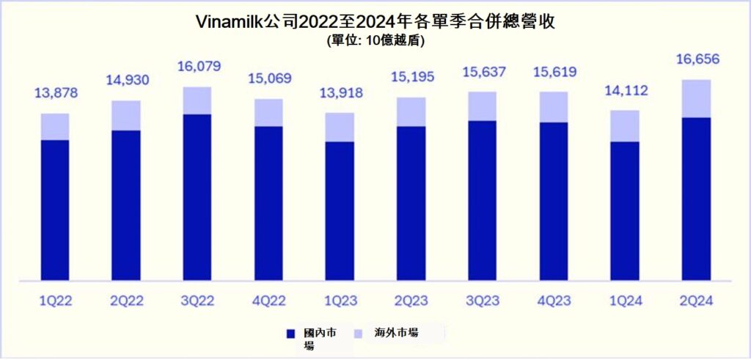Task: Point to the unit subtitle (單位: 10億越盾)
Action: click(375, 41)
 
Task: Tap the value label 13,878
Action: click(55, 93)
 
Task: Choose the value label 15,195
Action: click(411, 77)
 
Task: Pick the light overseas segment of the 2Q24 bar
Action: click(696, 98)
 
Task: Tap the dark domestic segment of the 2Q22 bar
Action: click(126, 205)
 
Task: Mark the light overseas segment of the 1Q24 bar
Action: click(625, 125)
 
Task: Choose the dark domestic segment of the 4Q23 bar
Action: click(554, 201)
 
